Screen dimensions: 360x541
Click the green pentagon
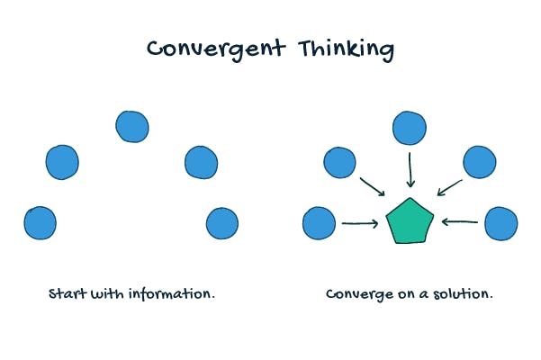(x=410, y=221)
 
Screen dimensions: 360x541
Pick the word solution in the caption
(x=464, y=294)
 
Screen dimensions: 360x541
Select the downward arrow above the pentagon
(x=410, y=169)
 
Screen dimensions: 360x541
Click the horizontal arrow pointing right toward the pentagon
(x=360, y=223)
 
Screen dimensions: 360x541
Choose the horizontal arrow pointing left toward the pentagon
(x=460, y=222)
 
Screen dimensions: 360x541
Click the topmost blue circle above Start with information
(x=131, y=126)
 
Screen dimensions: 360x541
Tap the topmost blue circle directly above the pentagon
(x=409, y=129)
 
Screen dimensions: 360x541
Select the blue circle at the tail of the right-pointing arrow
(x=320, y=223)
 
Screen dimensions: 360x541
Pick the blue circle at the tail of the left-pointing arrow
(x=501, y=222)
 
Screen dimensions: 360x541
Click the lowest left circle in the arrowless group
(x=41, y=222)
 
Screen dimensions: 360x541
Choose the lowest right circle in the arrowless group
(x=221, y=222)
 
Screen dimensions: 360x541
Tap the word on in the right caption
(x=401, y=295)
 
